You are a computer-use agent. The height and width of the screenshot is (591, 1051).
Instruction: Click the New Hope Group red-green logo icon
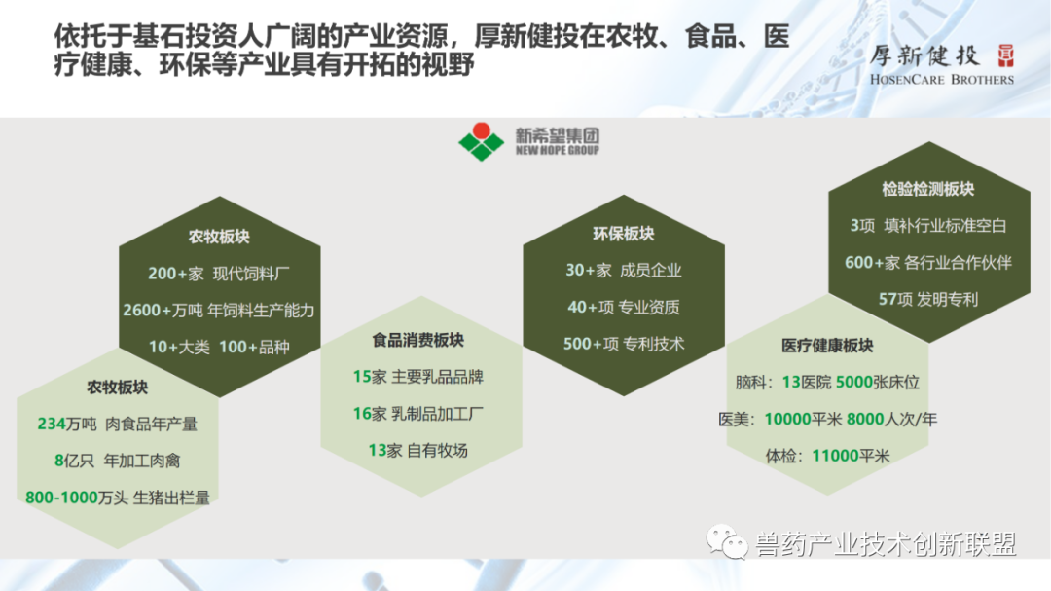tap(482, 141)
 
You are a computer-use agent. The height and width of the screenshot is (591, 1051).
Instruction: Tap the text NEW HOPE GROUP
tap(557, 151)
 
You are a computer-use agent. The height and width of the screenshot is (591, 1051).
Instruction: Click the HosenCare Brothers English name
tap(942, 79)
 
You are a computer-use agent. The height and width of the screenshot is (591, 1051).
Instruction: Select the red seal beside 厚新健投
tap(1005, 55)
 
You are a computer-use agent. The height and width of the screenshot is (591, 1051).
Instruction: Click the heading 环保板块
tap(624, 234)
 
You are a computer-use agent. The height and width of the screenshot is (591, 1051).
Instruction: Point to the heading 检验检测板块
tap(927, 189)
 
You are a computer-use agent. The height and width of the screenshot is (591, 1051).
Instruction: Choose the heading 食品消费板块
tap(417, 340)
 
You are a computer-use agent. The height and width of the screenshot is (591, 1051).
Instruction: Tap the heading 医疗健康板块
tap(827, 346)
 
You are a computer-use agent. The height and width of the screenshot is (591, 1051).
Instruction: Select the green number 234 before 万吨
tap(52, 424)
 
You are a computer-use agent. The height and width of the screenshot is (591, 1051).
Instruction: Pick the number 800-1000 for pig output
tap(61, 498)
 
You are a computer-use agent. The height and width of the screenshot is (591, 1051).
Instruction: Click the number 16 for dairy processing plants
tap(362, 414)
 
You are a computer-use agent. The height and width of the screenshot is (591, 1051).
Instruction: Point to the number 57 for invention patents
tap(888, 299)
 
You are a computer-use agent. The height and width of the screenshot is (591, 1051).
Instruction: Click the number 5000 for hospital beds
tap(854, 383)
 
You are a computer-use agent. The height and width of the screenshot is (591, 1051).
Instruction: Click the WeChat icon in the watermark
tap(727, 542)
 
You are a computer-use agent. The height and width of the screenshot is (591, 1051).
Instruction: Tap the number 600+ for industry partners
tap(865, 262)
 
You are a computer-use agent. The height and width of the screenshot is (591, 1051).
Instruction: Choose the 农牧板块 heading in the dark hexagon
tap(219, 237)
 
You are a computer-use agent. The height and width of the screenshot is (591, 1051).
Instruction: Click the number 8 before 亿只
tap(59, 461)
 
